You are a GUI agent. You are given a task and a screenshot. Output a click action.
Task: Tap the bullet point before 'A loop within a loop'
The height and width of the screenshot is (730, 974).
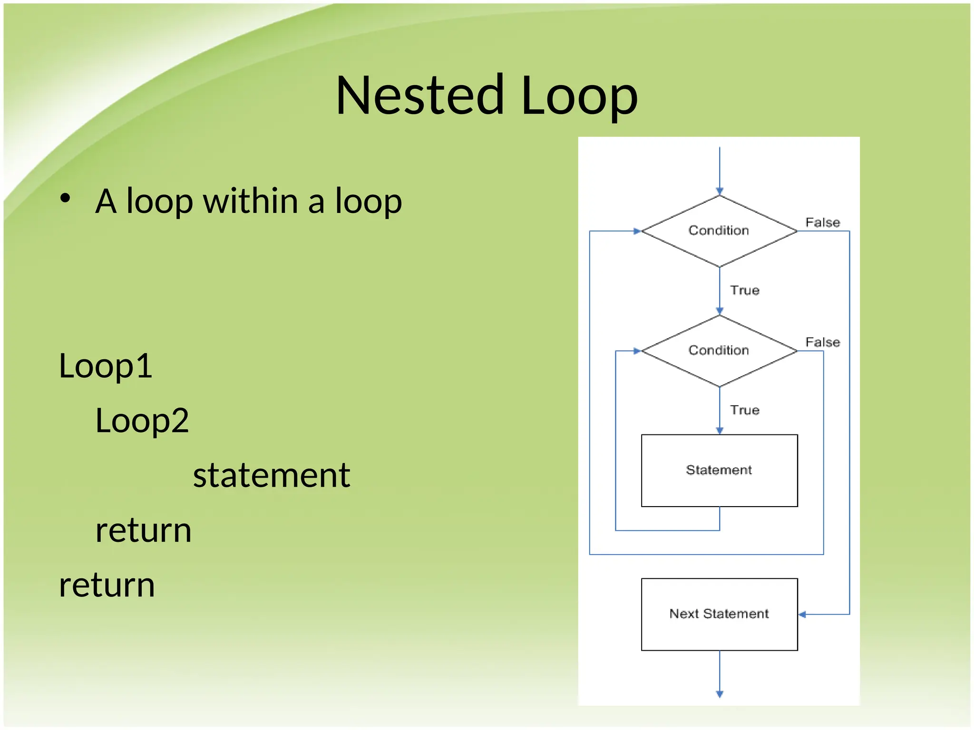65,198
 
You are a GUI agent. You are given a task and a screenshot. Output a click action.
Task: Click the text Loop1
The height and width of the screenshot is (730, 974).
106,366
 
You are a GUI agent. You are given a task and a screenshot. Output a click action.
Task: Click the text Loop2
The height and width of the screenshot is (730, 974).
142,421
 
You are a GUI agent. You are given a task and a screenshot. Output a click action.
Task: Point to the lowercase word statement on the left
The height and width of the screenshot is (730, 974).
272,475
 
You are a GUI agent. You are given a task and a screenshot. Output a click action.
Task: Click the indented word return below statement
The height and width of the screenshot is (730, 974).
143,530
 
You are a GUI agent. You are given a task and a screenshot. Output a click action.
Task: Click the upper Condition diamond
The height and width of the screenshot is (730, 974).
719,231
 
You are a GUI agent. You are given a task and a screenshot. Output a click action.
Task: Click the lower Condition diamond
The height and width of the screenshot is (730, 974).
719,351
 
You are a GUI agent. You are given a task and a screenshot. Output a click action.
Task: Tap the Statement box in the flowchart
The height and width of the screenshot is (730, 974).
719,470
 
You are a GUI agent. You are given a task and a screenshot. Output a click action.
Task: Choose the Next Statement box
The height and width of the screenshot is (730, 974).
719,614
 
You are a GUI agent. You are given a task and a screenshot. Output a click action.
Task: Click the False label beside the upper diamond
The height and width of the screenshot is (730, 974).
822,222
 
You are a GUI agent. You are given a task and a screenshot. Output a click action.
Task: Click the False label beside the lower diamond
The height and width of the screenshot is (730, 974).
822,342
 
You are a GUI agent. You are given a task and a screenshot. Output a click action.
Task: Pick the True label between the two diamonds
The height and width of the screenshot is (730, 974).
744,290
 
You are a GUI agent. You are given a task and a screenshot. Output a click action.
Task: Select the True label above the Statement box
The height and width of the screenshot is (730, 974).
744,410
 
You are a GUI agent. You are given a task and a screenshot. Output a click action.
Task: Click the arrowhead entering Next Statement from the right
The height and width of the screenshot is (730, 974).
802,615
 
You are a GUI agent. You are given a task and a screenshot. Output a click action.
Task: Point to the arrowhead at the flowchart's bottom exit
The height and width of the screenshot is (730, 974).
720,694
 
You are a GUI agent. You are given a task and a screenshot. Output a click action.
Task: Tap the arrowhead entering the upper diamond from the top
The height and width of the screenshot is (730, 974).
720,191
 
